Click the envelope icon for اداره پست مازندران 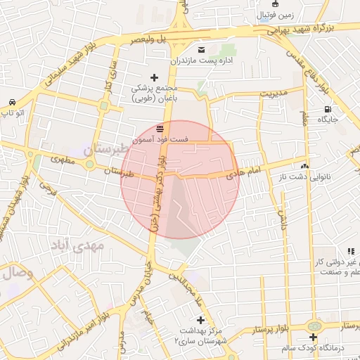tap(202, 50)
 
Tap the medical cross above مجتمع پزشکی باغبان tap(155, 77)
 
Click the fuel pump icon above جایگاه tap(328, 109)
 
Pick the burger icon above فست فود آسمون tap(161, 129)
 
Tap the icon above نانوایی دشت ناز tap(304, 167)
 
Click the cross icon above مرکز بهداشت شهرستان tap(201, 320)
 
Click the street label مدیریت tap(275, 93)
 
